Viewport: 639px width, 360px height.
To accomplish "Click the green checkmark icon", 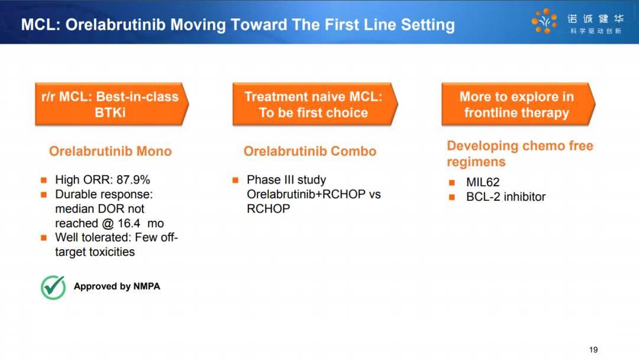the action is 53,287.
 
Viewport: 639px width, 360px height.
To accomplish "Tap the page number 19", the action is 593,350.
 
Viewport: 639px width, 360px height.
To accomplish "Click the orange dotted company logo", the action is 544,21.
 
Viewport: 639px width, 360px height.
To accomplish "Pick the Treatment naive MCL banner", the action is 315,104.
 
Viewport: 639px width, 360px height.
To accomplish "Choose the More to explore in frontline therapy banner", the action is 518,104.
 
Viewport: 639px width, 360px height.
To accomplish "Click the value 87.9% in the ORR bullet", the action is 133,180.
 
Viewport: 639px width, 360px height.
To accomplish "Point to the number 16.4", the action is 129,223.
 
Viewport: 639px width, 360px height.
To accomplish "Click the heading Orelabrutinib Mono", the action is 111,151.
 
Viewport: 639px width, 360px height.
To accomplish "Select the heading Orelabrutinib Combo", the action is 310,151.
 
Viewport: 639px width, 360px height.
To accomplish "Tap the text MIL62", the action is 483,182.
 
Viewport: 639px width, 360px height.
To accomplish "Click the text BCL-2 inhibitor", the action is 506,197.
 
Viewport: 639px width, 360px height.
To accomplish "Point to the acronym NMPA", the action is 147,286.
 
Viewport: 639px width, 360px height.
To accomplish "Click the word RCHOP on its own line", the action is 268,209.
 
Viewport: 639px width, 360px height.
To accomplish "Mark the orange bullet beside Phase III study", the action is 235,180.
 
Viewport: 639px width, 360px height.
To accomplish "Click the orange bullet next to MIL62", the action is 451,182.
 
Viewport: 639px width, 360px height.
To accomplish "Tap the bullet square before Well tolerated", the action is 44,237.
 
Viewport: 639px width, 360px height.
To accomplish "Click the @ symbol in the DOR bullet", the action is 108,223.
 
